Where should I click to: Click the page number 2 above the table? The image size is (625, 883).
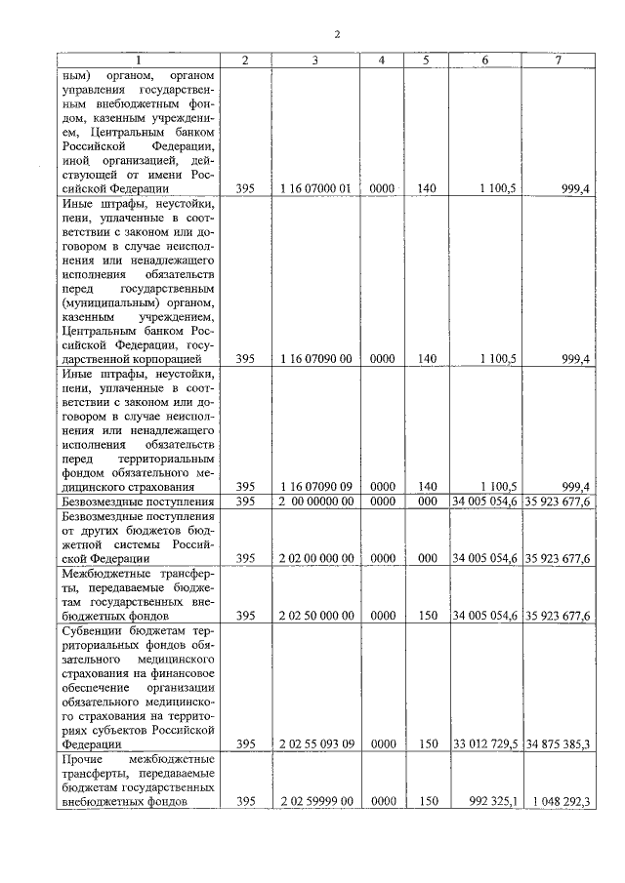coord(336,35)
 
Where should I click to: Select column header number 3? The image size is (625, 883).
coord(314,60)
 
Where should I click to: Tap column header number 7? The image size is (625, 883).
coord(557,60)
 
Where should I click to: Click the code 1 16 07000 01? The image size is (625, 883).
coord(314,187)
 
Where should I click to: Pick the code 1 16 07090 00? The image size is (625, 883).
coord(314,359)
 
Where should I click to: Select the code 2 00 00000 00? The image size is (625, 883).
coord(314,502)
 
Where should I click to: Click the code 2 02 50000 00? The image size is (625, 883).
coord(314,616)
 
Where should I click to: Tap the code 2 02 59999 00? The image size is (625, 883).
coord(314,801)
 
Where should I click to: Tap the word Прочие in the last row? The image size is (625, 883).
coord(81,758)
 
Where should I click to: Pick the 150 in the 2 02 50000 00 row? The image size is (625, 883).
coord(426,616)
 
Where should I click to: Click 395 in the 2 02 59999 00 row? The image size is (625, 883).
coord(244,801)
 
